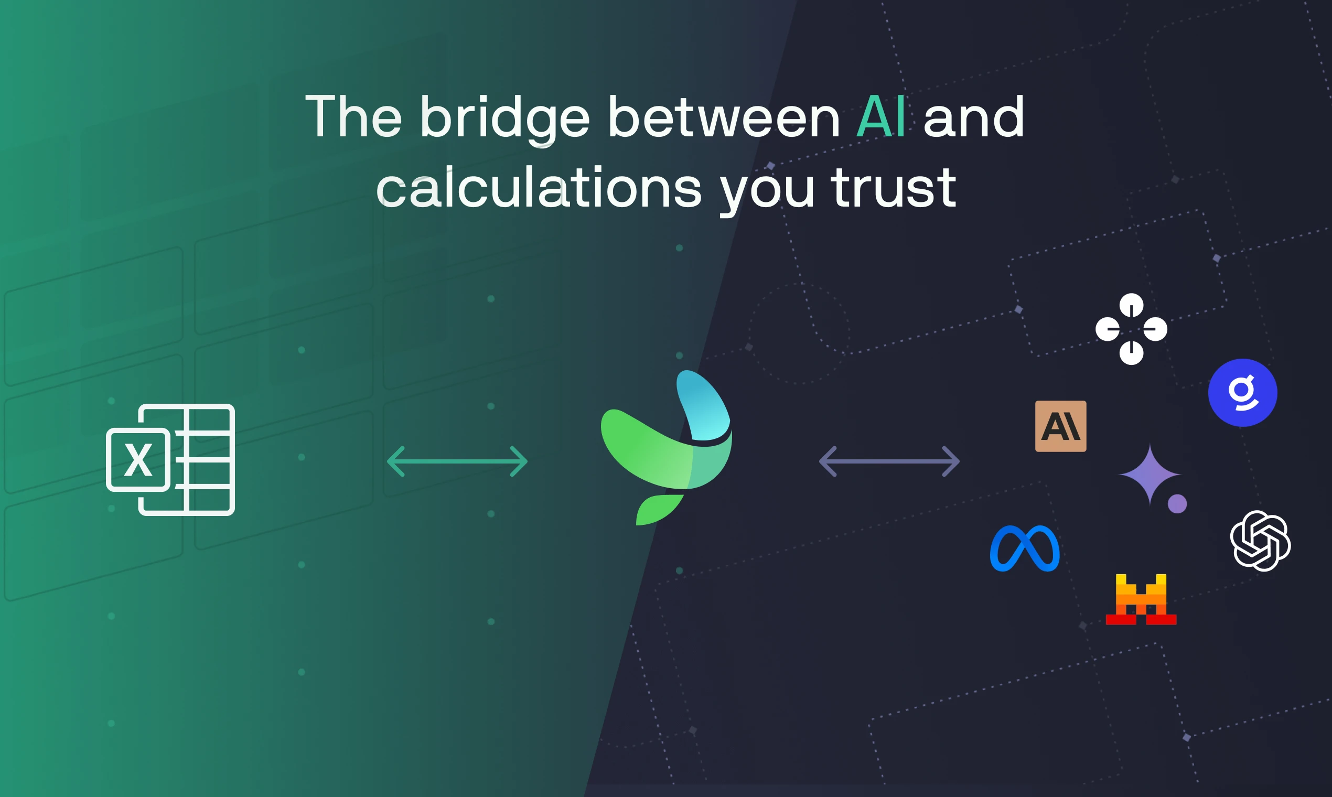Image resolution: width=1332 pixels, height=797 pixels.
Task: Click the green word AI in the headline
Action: (881, 117)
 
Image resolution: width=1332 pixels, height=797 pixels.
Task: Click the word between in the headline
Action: (724, 117)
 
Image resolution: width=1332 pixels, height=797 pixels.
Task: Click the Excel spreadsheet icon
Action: (171, 460)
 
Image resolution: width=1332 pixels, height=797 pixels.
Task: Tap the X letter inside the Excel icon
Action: (138, 460)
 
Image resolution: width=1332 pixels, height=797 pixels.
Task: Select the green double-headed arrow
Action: (457, 461)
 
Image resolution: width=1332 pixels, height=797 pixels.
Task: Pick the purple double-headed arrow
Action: (889, 461)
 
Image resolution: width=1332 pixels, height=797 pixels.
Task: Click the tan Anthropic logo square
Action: (1060, 426)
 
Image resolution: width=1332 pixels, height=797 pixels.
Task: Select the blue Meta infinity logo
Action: (1024, 548)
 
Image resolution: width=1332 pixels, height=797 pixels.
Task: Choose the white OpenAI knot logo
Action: (1260, 541)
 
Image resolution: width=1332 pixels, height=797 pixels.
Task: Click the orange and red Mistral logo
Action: (1141, 599)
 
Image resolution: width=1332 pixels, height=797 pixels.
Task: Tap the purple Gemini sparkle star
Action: (1150, 474)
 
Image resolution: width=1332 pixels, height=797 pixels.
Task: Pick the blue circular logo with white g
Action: (1242, 393)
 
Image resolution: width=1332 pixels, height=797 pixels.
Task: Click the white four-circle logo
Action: (1131, 329)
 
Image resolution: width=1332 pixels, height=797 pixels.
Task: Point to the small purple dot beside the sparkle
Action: (1177, 504)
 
